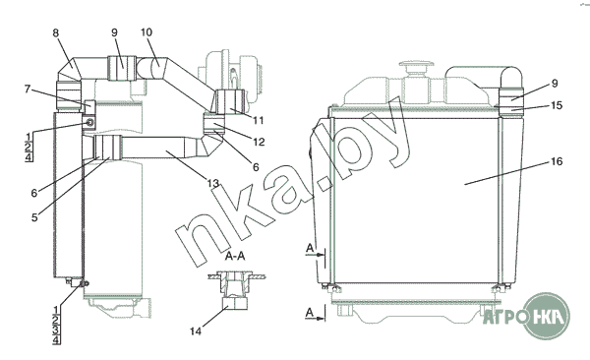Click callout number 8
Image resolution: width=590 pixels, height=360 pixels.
point(56,32)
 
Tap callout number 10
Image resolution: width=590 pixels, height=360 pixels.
point(147,32)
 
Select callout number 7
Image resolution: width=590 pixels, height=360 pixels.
point(28,90)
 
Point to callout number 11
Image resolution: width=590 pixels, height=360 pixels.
point(258,121)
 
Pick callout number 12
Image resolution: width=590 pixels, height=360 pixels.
point(259,142)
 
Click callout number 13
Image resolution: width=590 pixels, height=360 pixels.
point(213,183)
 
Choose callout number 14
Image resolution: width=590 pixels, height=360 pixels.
point(196,331)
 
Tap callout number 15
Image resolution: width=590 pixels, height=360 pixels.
point(557,105)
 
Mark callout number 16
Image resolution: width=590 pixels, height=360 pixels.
point(557,161)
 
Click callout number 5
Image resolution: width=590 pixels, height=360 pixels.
point(34,217)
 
